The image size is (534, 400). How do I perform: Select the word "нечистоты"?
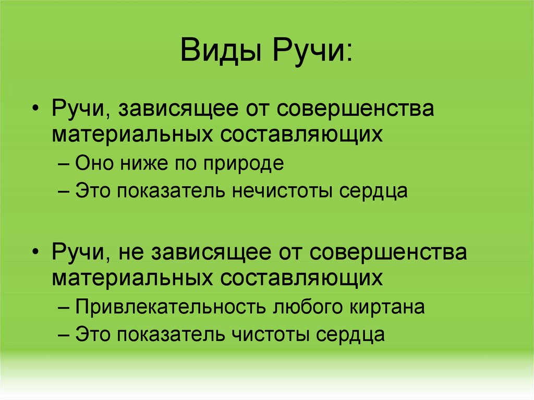(x=280, y=191)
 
